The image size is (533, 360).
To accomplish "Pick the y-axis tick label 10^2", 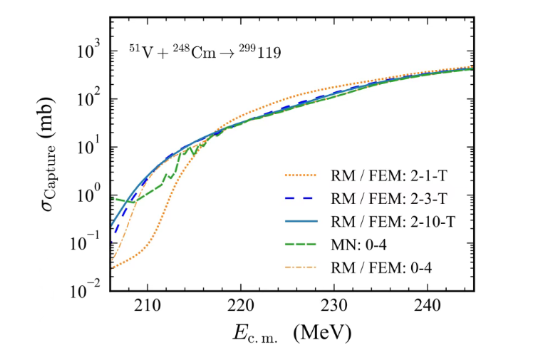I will [93, 100].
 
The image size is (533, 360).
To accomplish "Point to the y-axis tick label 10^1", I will [93, 148].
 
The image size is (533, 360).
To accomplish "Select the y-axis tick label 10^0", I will [93, 195].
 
